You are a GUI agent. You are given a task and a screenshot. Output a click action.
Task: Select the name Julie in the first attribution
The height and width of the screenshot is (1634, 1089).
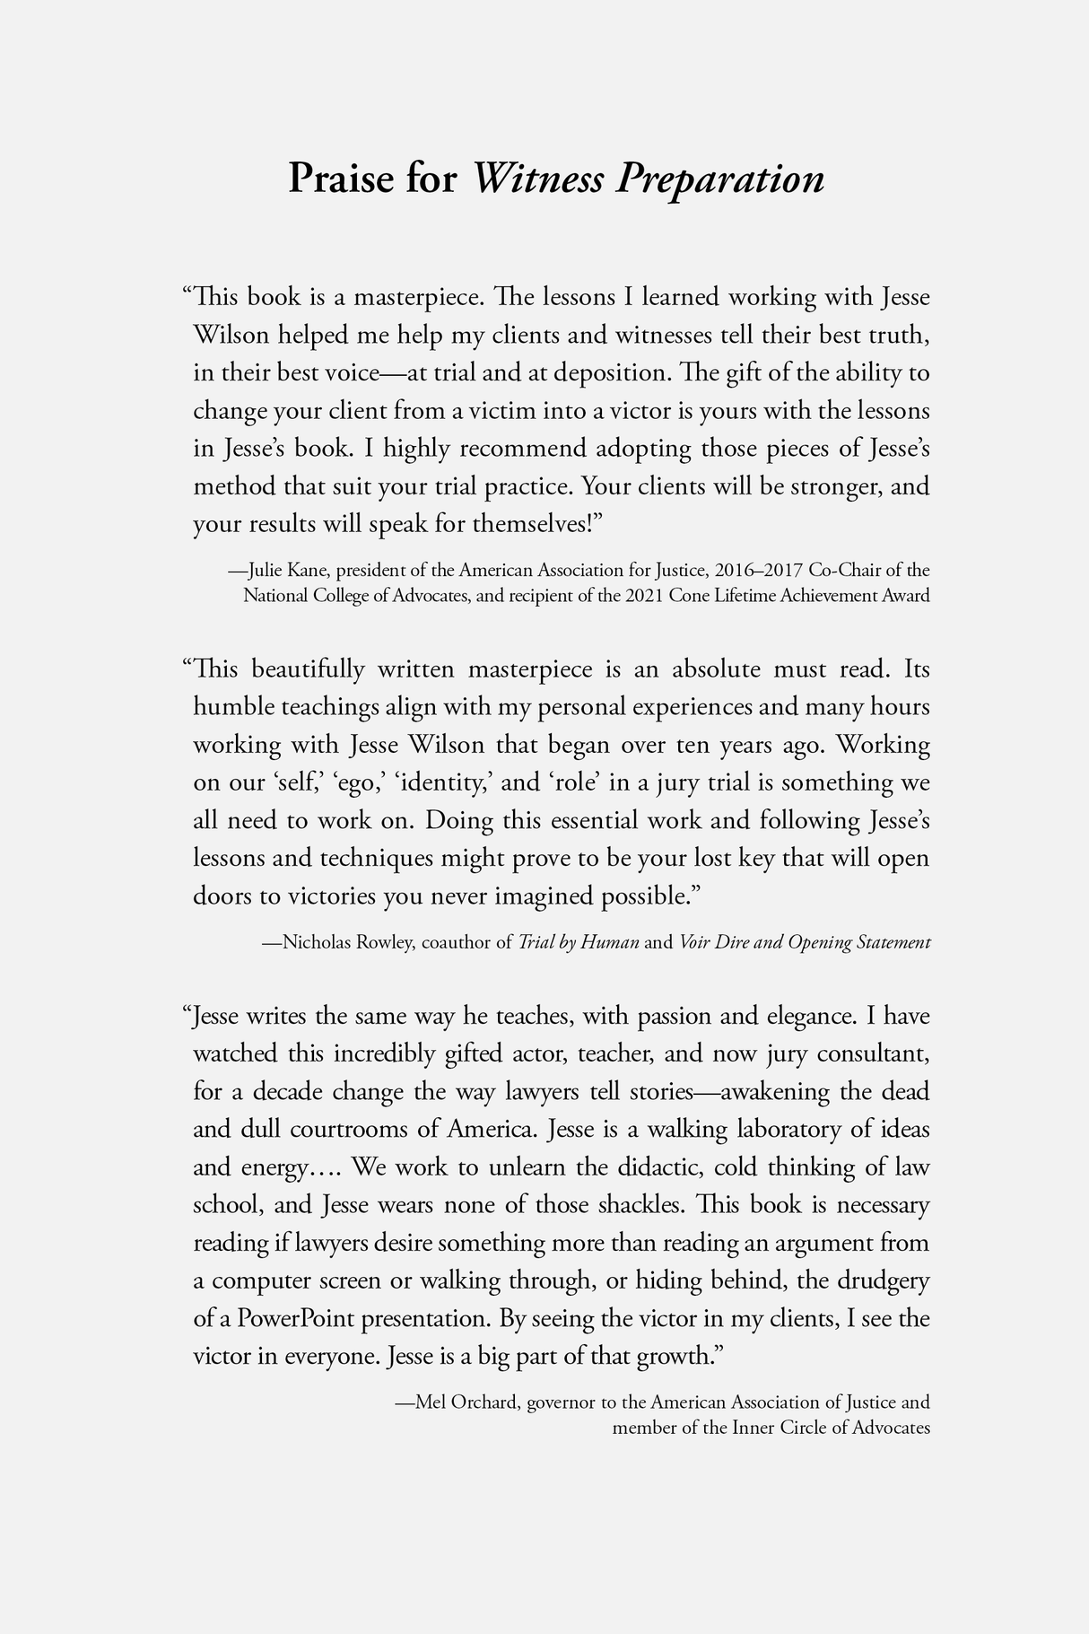(266, 570)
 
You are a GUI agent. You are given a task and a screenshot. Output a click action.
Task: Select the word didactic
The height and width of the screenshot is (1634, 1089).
(661, 1167)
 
